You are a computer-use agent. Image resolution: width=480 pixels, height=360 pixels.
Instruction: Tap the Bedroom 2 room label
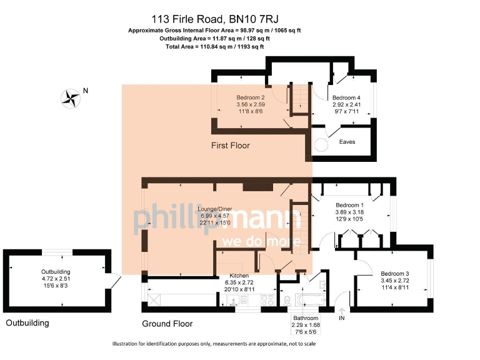[250, 98]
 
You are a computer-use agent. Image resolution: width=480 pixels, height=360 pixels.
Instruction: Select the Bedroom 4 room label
[346, 98]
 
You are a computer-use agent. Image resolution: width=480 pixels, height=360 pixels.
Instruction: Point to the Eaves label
[347, 142]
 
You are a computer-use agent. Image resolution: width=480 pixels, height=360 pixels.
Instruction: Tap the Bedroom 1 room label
[349, 206]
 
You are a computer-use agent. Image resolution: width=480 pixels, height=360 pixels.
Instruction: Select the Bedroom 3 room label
[394, 274]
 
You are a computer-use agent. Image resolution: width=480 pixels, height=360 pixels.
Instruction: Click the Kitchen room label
[239, 276]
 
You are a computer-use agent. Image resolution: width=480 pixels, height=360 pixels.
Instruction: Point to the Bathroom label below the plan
[305, 318]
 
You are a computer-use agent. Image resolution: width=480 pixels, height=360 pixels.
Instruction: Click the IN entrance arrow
[342, 311]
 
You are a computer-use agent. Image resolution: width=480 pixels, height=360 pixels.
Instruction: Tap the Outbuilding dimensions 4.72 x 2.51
[56, 279]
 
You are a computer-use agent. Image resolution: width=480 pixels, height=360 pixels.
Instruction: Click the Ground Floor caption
[167, 324]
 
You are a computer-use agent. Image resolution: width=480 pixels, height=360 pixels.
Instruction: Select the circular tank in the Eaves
[321, 144]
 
